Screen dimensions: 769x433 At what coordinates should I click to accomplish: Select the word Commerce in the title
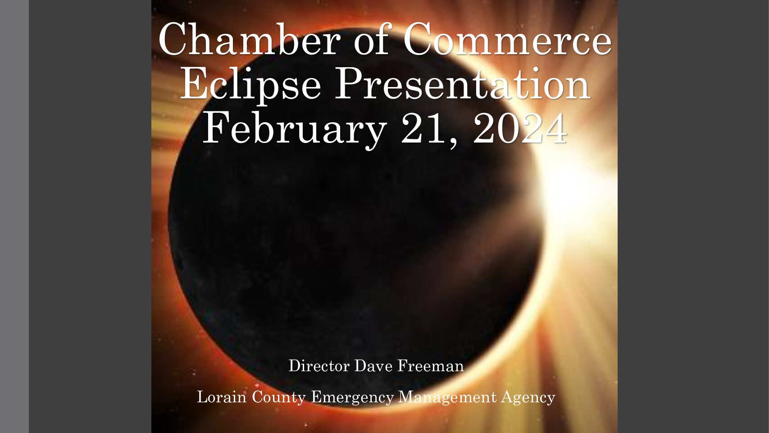[x=507, y=38]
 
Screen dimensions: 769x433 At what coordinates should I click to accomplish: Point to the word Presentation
[x=462, y=83]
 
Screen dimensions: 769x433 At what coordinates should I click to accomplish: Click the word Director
[x=319, y=366]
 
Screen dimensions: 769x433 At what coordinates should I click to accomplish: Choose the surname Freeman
[x=431, y=366]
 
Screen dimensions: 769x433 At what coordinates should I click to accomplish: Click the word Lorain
[x=222, y=397]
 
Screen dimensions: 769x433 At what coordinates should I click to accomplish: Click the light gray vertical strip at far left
[x=14, y=216]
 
